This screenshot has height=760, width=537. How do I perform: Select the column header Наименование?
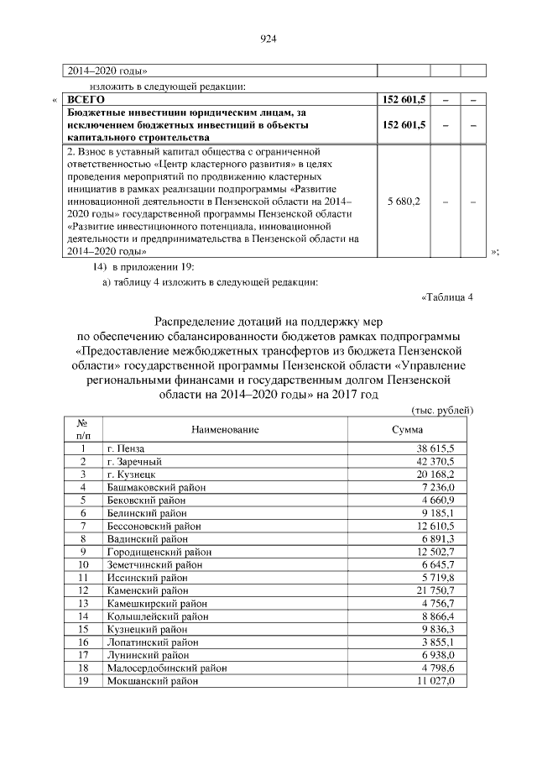225,429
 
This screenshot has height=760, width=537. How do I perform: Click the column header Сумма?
408,429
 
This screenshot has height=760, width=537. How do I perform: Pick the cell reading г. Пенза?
126,449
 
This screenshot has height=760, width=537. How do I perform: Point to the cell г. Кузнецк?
131,474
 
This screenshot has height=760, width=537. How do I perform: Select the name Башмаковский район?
157,486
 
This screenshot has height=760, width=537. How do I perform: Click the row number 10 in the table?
83,563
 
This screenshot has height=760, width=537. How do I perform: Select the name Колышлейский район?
157,616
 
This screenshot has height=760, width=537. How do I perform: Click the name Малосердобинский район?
167,668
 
